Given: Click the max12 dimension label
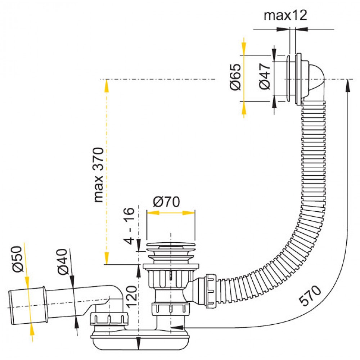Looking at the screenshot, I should coord(285,15).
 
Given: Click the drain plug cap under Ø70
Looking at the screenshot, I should coord(171,247).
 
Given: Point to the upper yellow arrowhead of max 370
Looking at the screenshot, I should coord(107,85).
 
